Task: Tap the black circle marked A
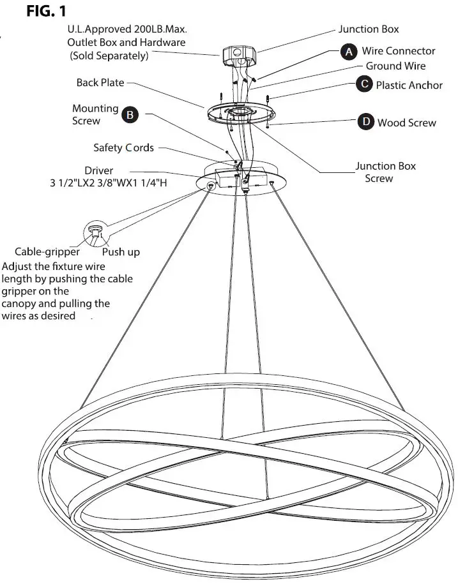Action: pyautogui.click(x=348, y=52)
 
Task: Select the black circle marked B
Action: pyautogui.click(x=130, y=115)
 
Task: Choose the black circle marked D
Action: pyautogui.click(x=365, y=122)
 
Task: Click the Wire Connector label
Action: pyautogui.click(x=398, y=51)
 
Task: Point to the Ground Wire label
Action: pyautogui.click(x=395, y=66)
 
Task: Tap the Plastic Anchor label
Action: pyautogui.click(x=409, y=85)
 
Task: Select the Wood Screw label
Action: pyautogui.click(x=406, y=123)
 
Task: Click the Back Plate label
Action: pyautogui.click(x=100, y=83)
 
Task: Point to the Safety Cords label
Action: pyautogui.click(x=124, y=148)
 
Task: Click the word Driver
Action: pyautogui.click(x=98, y=171)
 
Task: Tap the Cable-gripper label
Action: pyautogui.click(x=47, y=251)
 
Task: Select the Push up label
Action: pyautogui.click(x=121, y=251)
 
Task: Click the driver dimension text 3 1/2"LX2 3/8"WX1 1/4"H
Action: pyautogui.click(x=113, y=184)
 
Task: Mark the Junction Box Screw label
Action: pyautogui.click(x=385, y=172)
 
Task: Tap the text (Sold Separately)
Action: pyautogui.click(x=109, y=56)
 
